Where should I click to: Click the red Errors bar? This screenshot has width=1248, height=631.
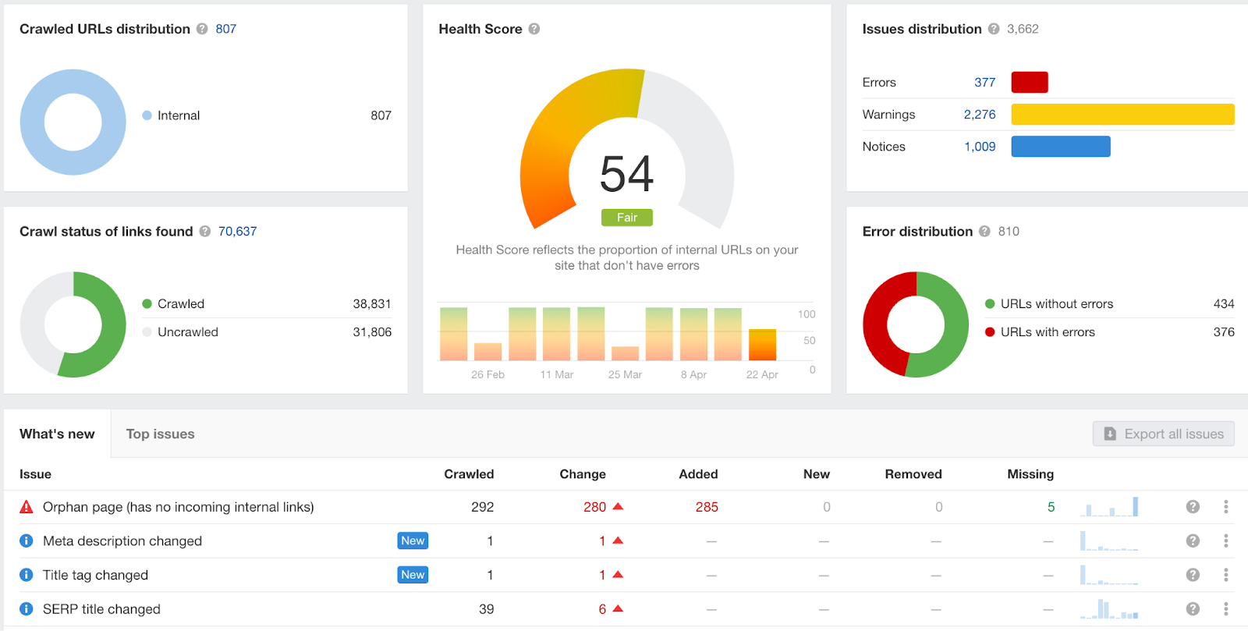tap(1030, 83)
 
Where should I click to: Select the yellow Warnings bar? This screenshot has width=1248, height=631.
tap(1122, 114)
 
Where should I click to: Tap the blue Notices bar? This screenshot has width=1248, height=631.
tap(1061, 147)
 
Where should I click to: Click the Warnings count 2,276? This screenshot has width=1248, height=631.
tap(980, 115)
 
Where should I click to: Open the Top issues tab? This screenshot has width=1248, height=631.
tap(160, 434)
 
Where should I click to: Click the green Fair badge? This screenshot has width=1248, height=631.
tap(627, 217)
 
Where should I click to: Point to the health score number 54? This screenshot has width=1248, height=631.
tap(626, 174)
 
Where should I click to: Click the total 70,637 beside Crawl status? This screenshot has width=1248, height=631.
tap(237, 231)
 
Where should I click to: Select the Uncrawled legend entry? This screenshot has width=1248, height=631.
tap(180, 332)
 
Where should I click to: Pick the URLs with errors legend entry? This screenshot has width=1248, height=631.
tap(1040, 332)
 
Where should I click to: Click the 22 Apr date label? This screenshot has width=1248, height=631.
tap(761, 375)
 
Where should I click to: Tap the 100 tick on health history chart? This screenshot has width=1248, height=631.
tap(807, 314)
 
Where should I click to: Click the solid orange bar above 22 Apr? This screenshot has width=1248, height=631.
tap(762, 345)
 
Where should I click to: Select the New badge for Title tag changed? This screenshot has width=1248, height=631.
tap(413, 575)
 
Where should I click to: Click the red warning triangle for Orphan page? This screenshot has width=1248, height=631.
tap(27, 507)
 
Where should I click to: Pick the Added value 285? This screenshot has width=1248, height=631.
tap(707, 507)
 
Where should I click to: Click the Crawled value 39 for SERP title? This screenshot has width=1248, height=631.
tap(487, 609)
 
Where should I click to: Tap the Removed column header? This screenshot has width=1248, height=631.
tap(913, 474)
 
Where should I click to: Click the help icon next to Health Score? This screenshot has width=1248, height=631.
tap(534, 29)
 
